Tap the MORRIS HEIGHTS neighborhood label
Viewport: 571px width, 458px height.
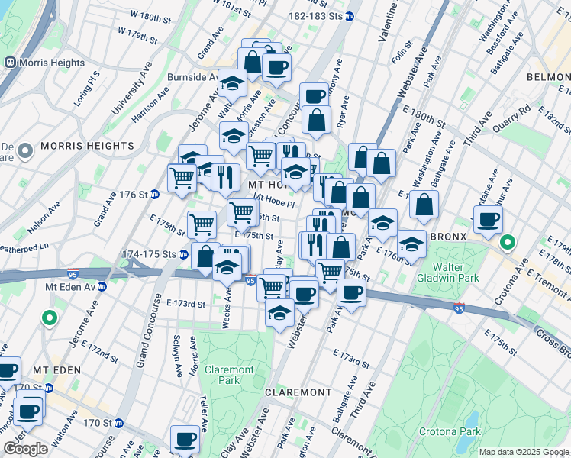pos(76,146)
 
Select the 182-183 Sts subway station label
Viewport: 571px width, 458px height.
pos(315,16)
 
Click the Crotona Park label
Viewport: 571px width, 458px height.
pos(450,431)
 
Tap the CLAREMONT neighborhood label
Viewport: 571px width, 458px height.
pos(298,392)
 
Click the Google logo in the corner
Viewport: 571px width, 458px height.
pos(25,449)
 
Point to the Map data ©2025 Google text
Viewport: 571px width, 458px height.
pos(524,452)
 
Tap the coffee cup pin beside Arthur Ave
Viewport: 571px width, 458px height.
pos(488,219)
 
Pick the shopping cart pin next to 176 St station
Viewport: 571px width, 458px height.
pos(182,178)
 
